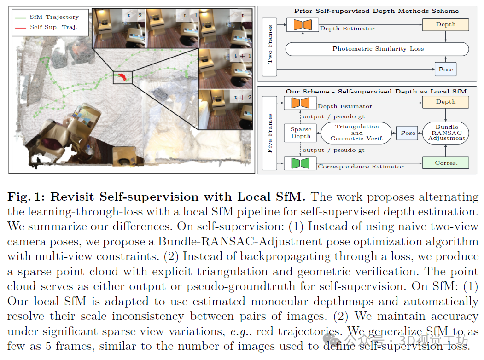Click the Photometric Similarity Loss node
[378, 49]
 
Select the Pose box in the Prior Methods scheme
[446, 70]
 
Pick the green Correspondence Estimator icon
[300, 163]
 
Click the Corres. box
[446, 163]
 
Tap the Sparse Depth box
[301, 133]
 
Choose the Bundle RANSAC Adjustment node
[446, 133]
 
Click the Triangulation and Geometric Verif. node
[357, 133]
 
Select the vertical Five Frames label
[270, 133]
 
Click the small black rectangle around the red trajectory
[122, 77]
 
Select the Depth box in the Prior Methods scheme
[446, 24]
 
